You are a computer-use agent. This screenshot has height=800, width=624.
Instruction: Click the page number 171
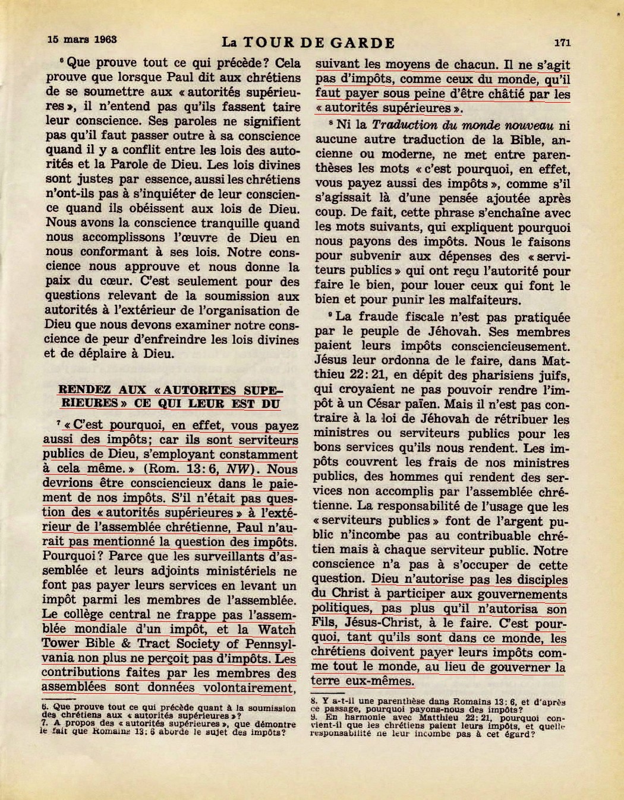(x=562, y=42)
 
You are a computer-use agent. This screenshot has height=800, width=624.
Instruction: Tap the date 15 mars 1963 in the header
(x=82, y=40)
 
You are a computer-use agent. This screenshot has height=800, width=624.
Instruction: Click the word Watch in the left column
(x=278, y=629)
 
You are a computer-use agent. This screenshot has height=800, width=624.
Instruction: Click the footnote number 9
(x=314, y=717)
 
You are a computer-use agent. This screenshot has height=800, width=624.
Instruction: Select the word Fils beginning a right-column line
(x=326, y=623)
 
